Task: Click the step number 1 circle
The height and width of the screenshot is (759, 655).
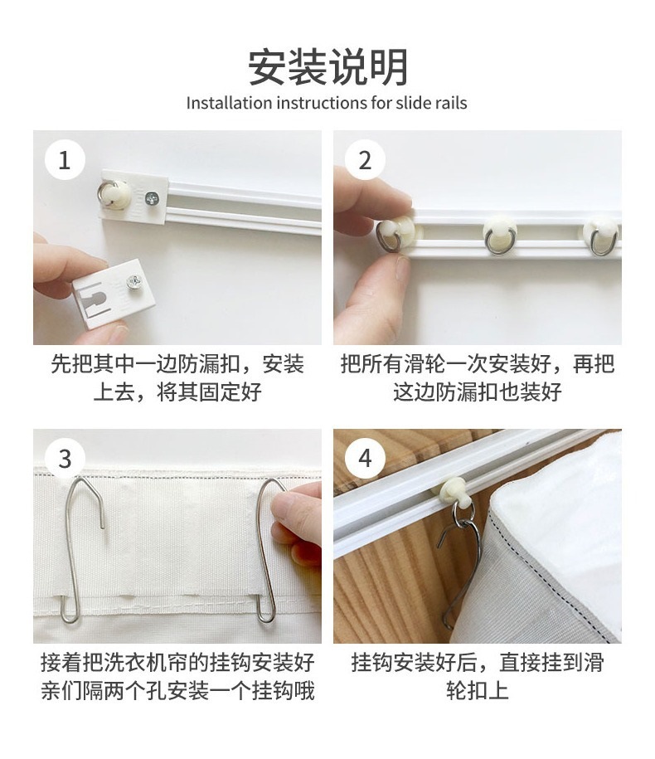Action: (65, 160)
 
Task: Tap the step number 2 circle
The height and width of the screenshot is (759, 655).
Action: (366, 160)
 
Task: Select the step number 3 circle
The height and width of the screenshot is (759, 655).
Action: (65, 459)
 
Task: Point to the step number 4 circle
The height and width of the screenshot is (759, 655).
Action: (366, 459)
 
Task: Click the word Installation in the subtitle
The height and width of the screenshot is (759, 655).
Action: (230, 103)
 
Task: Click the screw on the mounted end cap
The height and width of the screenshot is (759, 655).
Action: (152, 197)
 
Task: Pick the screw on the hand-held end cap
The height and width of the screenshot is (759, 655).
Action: (133, 281)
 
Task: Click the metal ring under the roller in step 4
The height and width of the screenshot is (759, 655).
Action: (462, 513)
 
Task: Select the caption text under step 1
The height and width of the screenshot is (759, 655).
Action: (177, 377)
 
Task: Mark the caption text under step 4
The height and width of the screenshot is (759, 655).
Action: (477, 676)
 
